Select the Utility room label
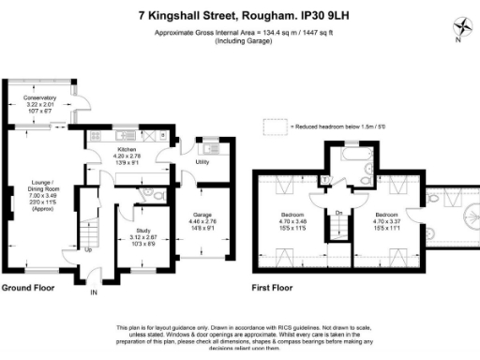[202, 162]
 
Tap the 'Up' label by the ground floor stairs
[88, 250]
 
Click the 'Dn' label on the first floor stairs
[338, 214]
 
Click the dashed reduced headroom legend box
[273, 126]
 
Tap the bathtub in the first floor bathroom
[349, 154]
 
